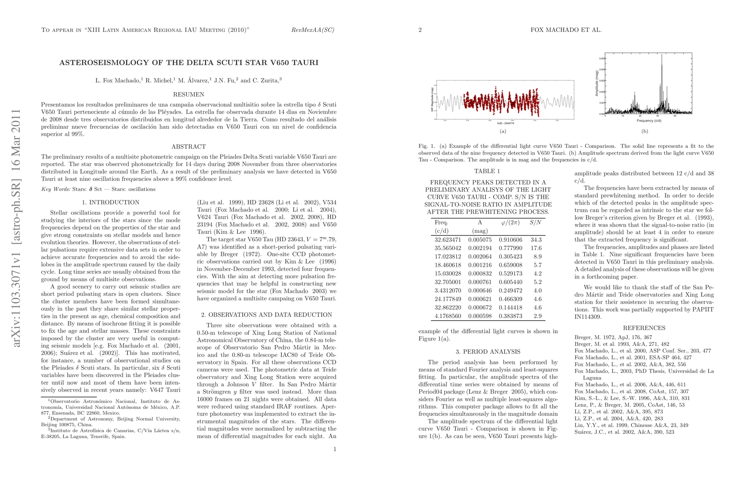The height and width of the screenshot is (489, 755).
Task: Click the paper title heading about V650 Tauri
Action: coord(189,63)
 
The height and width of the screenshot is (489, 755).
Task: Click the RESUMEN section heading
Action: coord(189,95)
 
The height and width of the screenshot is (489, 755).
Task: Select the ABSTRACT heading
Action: coord(189,147)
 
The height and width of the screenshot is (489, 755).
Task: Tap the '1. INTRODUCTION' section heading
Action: coord(110,203)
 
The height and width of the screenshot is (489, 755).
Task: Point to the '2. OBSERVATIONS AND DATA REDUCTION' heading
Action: coord(267,315)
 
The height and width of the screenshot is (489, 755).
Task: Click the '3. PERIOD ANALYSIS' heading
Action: coord(488,352)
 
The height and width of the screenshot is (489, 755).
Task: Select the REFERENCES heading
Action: coord(644,328)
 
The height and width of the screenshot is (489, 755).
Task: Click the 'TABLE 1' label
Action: coord(487,171)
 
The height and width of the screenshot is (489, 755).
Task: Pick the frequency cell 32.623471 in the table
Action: coord(448,240)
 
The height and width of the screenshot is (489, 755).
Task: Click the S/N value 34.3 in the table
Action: coord(536,240)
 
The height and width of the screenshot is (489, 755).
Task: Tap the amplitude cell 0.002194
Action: coord(480,248)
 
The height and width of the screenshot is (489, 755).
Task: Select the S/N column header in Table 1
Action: coord(536,223)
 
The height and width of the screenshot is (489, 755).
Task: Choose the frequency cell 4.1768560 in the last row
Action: coord(448,316)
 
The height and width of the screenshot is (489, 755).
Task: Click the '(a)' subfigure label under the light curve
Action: coord(503,131)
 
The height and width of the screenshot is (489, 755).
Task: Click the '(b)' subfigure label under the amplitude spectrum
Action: coord(645,131)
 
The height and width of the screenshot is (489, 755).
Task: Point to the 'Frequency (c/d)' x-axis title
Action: coord(648,121)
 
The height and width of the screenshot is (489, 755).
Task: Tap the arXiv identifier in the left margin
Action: coord(17,228)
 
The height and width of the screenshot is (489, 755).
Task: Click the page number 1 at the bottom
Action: coord(335,449)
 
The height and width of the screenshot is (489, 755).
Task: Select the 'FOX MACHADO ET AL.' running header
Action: coord(566,30)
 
